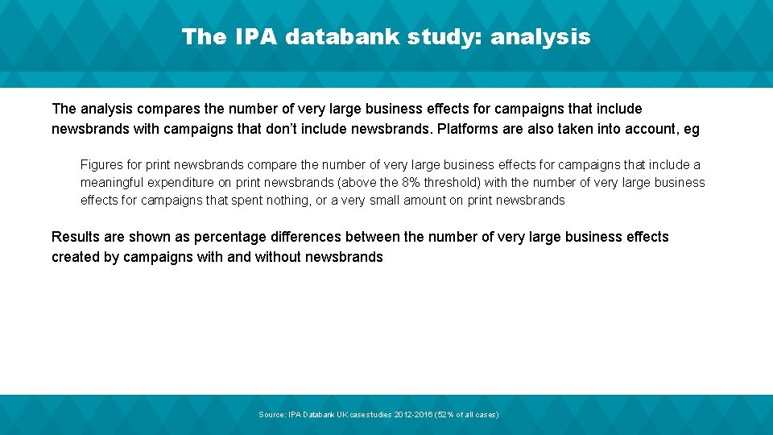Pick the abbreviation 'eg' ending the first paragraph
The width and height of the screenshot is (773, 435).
tap(692, 129)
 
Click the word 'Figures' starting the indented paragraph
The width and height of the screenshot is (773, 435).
tap(101, 164)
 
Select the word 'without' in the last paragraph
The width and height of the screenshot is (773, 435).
tap(278, 257)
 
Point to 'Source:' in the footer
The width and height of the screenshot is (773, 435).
tap(271, 414)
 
